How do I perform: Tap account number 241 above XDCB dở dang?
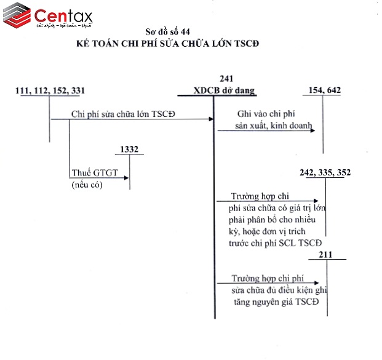click(226, 78)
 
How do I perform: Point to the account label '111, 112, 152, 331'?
click(50, 90)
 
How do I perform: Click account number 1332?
click(129, 148)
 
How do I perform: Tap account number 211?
click(327, 254)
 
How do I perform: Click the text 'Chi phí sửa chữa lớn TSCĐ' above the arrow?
click(124, 114)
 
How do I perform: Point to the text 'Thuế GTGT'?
click(90, 173)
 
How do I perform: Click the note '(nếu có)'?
click(87, 184)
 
